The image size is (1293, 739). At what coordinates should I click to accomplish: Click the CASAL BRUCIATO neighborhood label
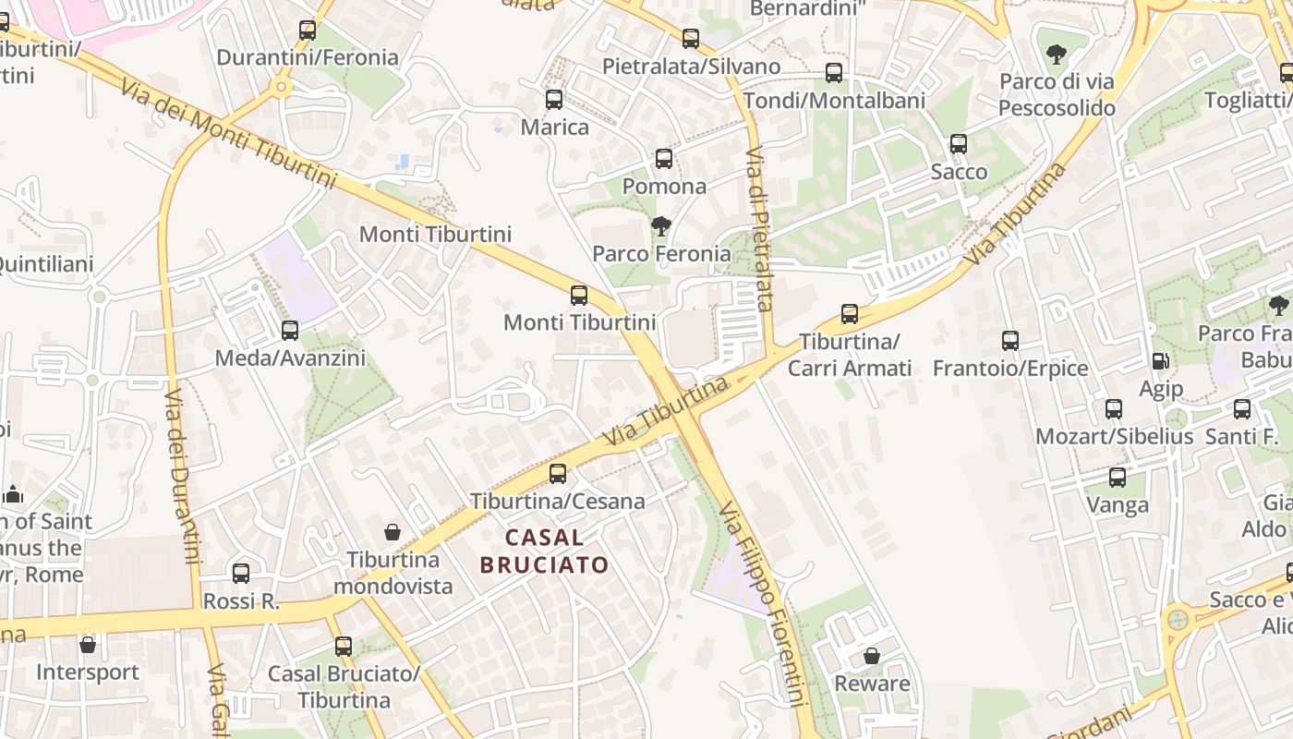545,551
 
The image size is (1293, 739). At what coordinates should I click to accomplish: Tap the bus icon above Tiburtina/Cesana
558,474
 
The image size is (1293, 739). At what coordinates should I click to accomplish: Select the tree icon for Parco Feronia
660,225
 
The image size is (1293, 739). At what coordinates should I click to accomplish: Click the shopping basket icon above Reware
871,656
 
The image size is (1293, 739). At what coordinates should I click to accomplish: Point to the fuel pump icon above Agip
1160,362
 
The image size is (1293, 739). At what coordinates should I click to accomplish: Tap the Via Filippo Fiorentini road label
765,605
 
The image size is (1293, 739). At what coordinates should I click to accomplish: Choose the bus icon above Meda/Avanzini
290,330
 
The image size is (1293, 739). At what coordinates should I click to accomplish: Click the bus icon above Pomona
664,158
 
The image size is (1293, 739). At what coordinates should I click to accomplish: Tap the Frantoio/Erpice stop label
1010,369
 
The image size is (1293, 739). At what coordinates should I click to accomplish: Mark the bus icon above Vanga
1118,478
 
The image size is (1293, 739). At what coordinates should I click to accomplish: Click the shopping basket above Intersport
88,644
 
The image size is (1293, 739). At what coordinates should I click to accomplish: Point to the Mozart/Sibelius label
1114,436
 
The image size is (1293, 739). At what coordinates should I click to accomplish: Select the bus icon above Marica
554,100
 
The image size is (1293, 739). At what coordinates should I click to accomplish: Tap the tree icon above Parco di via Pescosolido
1057,54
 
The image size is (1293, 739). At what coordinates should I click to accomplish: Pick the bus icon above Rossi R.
241,574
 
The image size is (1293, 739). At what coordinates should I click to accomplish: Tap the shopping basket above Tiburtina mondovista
393,532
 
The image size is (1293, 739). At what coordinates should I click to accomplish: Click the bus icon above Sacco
959,144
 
